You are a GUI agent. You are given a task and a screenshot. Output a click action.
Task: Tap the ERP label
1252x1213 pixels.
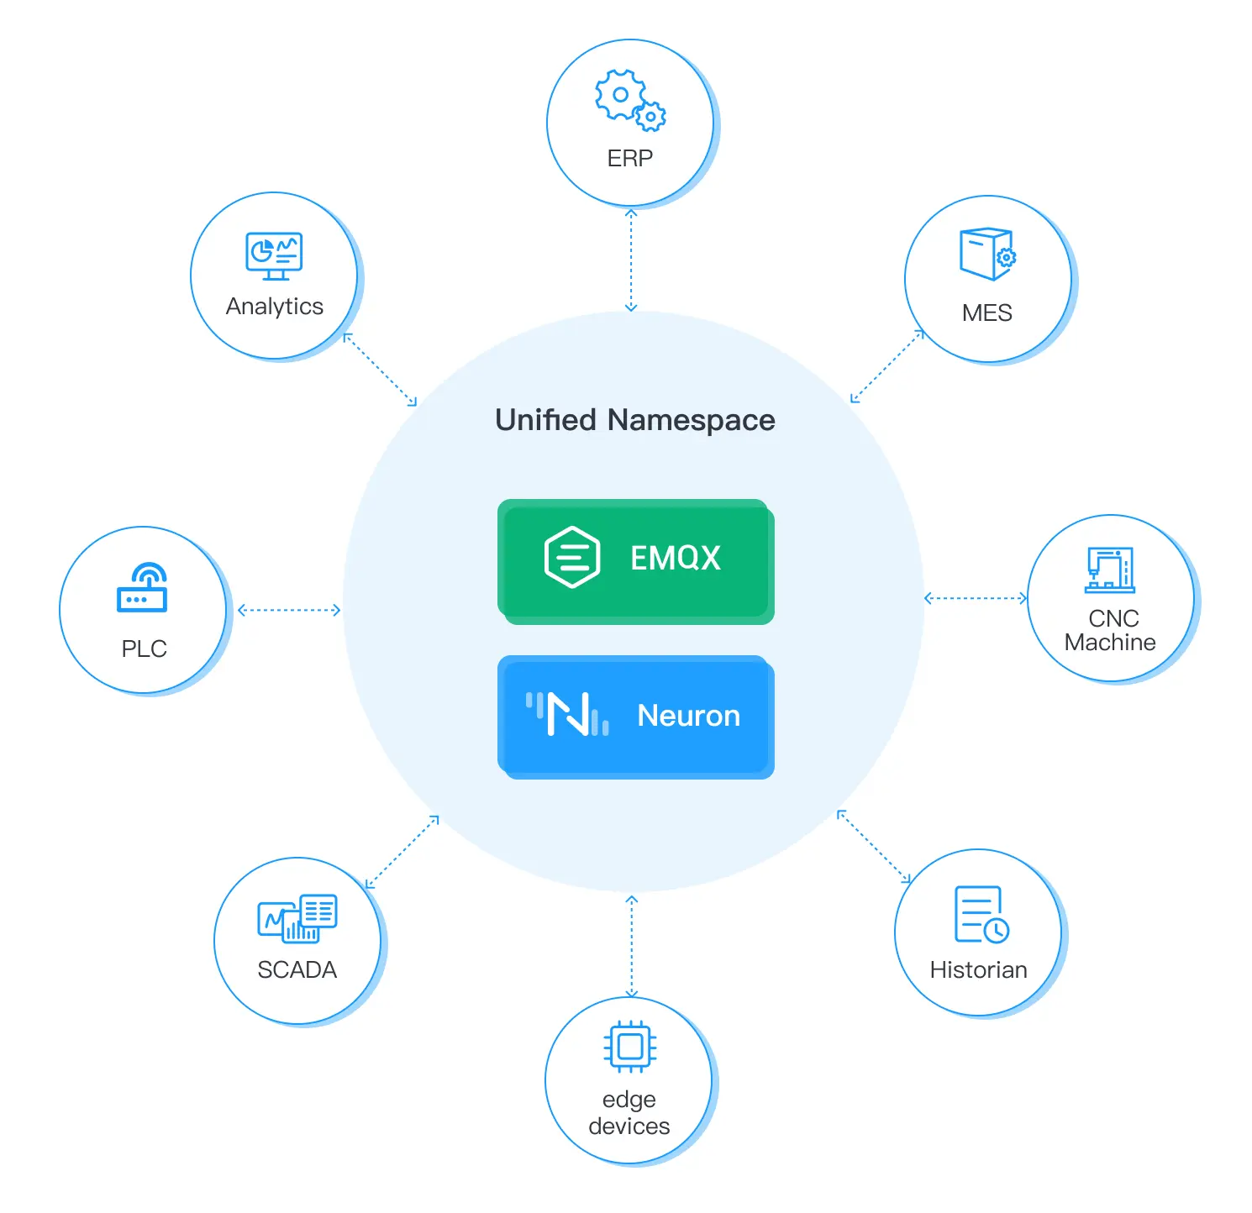tap(630, 158)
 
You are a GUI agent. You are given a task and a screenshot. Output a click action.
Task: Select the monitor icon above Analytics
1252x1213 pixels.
tap(274, 256)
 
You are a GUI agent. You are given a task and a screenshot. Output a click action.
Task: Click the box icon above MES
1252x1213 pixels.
tap(987, 254)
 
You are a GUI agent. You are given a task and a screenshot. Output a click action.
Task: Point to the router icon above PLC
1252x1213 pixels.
tap(142, 588)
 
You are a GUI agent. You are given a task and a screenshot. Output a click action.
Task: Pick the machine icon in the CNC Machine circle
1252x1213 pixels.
tap(1110, 570)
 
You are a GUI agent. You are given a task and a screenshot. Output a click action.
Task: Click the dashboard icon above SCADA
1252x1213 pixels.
tap(297, 918)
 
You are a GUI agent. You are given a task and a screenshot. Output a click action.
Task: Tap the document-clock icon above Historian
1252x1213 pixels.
tap(981, 914)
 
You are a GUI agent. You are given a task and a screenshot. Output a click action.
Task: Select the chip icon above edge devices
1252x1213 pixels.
tap(630, 1047)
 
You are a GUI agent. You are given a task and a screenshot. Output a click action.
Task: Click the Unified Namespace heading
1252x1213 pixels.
tap(635, 420)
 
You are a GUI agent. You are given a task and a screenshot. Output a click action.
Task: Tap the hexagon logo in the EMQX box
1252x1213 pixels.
tap(572, 557)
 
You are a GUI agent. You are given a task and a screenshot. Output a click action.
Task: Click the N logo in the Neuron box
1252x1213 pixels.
tap(568, 715)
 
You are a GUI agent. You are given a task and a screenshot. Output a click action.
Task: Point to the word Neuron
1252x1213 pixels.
tap(689, 716)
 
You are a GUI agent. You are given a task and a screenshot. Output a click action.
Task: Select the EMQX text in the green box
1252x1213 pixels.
tap(676, 558)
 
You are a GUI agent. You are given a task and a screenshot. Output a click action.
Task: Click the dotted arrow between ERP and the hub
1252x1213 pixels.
tap(631, 260)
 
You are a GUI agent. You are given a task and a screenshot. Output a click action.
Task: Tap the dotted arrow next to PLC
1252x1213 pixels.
tap(289, 610)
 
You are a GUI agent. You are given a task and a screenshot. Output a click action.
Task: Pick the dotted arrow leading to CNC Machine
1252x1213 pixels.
tap(976, 598)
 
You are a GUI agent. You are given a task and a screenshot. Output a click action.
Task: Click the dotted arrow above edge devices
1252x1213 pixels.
tap(632, 947)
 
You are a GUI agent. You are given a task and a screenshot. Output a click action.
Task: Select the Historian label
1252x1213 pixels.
tap(978, 970)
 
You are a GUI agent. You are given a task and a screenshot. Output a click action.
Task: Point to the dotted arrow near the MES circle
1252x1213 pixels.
tap(887, 366)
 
